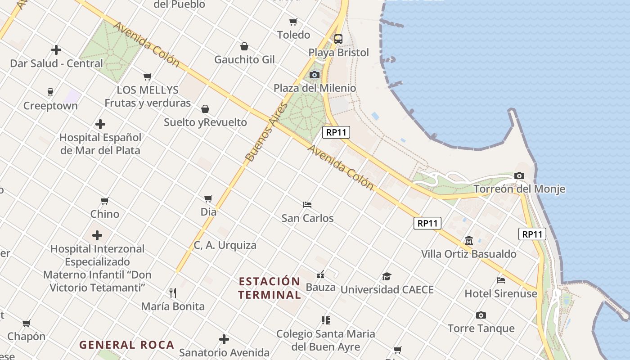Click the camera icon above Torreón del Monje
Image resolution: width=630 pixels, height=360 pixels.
519,176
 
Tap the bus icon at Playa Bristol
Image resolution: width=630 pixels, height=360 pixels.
338,39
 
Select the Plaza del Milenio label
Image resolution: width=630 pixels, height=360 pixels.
315,88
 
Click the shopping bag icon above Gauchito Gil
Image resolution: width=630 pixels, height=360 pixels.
244,46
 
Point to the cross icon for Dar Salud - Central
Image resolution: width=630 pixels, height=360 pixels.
56,50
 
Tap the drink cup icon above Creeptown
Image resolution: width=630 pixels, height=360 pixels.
50,92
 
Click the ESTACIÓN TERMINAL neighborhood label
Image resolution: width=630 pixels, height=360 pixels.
270,288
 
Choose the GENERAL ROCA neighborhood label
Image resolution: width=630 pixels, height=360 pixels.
126,345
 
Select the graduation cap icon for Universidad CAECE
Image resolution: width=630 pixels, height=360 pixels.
387,276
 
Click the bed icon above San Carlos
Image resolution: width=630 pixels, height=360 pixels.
308,205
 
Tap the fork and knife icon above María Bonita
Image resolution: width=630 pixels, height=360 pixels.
173,293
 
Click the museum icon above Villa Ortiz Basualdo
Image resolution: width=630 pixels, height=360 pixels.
469,241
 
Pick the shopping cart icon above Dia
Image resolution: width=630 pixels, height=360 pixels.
208,198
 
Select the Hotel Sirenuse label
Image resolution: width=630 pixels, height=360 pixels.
501,294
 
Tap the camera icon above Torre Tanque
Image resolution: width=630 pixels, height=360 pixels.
481,315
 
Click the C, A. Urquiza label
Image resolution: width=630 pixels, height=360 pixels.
225,245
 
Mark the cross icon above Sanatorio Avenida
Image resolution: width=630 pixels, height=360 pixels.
224,339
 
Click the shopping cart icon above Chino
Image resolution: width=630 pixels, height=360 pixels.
105,201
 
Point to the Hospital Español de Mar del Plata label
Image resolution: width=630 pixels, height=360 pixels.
100,144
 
